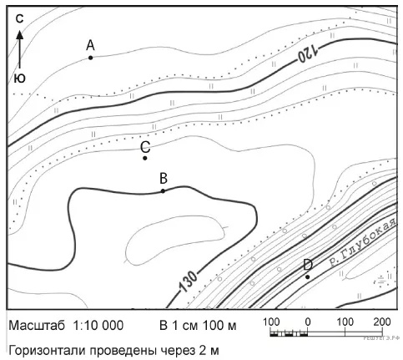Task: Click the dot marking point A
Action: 90,58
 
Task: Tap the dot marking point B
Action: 163,190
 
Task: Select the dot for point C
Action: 145,158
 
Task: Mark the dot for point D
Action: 307,276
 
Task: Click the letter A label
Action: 90,45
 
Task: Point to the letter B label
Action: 164,178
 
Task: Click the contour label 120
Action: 308,53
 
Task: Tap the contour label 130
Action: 188,281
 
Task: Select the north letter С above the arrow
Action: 19,19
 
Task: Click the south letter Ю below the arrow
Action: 19,79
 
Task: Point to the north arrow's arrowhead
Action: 19,34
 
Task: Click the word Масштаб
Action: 37,326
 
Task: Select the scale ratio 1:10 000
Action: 98,325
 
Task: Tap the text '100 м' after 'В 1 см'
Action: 219,325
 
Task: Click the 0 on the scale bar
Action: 308,322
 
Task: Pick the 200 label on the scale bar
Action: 382,322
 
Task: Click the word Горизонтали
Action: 47,351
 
